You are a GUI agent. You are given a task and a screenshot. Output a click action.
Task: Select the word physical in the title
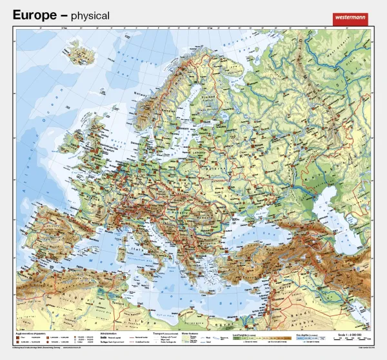pyautogui.click(x=90, y=15)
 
